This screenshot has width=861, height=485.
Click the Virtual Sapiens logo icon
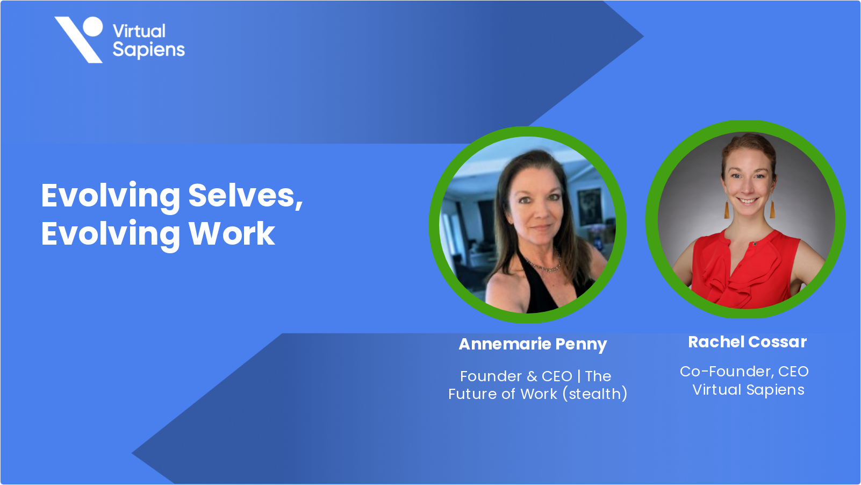(x=79, y=39)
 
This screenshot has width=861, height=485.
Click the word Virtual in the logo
(x=139, y=31)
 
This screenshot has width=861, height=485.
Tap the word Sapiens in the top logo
(x=149, y=50)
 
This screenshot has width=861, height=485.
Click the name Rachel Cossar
(x=747, y=342)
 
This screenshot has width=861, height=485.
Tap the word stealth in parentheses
(x=595, y=394)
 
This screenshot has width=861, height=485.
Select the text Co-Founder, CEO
(x=744, y=372)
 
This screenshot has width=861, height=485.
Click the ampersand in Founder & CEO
(x=532, y=376)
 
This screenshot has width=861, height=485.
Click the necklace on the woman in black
(x=543, y=265)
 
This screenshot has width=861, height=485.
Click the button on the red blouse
(x=755, y=244)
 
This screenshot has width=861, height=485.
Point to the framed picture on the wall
(x=590, y=207)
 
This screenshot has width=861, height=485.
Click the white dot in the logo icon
(x=92, y=26)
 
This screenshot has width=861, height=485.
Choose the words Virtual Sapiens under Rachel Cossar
(x=748, y=390)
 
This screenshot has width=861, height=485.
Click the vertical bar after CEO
(x=579, y=376)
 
